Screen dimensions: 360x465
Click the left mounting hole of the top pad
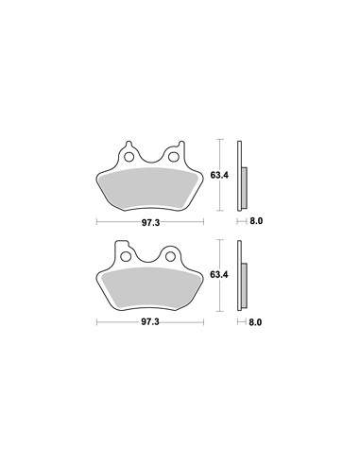pyautogui.click(x=129, y=157)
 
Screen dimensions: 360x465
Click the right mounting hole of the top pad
pyautogui.click(x=173, y=157)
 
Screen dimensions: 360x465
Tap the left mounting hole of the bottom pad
pyautogui.click(x=126, y=257)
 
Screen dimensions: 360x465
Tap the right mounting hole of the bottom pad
pyautogui.click(x=170, y=257)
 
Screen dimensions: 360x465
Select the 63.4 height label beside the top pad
pyautogui.click(x=219, y=175)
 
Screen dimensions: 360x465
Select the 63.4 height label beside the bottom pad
pyautogui.click(x=219, y=274)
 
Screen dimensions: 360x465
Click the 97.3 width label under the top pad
pyautogui.click(x=150, y=223)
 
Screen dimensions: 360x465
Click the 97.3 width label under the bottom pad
pyautogui.click(x=150, y=322)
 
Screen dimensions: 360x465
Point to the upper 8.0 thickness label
pyautogui.click(x=256, y=221)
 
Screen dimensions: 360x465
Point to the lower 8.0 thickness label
pyautogui.click(x=255, y=322)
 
